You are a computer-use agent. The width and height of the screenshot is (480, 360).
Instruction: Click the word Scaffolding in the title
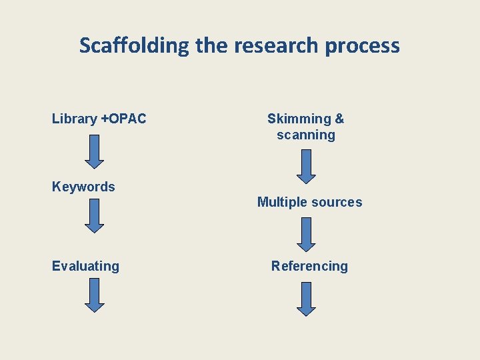point(135,46)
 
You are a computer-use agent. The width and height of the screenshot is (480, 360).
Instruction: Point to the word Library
point(75,119)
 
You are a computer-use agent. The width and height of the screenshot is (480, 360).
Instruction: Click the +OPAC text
point(123,119)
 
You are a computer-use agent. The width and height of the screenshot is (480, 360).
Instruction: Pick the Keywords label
point(83,187)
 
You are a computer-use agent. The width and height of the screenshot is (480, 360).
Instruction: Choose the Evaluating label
point(85,266)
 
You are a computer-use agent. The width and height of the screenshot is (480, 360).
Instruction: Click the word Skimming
point(299,119)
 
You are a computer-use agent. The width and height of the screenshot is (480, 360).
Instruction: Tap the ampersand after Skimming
point(339,119)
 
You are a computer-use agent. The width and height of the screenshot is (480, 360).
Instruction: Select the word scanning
point(306,135)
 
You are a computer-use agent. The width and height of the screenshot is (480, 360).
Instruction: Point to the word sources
point(339,202)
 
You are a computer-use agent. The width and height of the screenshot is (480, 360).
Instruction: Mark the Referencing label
point(309,266)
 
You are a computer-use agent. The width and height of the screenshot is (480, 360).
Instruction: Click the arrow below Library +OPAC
point(95,151)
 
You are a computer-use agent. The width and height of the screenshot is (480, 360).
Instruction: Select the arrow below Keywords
point(95,215)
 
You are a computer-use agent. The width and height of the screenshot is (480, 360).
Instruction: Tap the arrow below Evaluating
point(95,295)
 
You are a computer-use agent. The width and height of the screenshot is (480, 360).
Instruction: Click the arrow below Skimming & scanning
point(306,166)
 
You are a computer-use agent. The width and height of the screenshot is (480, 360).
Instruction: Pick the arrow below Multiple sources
point(306,235)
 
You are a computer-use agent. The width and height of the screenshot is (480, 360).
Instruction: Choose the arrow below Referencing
point(306,299)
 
